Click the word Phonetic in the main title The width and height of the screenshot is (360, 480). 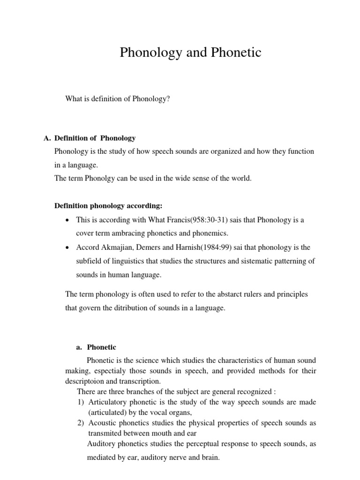coord(232,53)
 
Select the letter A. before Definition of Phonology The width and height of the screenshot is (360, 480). coord(46,138)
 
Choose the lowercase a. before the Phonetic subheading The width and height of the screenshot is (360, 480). coord(79,347)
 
